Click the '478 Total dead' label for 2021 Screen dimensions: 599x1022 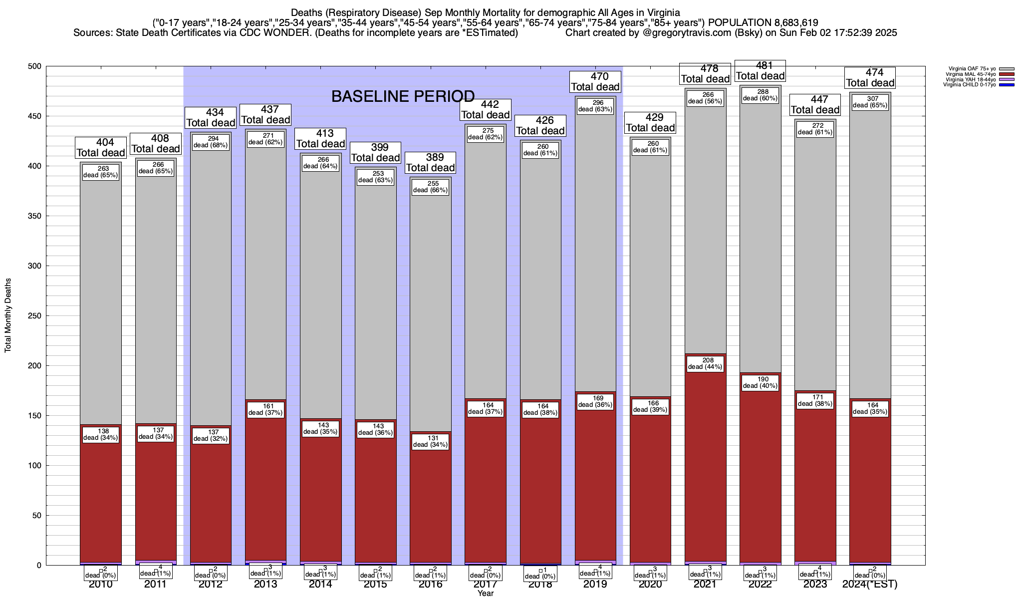click(x=705, y=73)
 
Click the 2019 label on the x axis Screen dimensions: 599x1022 click(x=595, y=584)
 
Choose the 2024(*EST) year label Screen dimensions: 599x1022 click(x=870, y=584)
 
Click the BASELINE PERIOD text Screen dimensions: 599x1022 click(x=403, y=96)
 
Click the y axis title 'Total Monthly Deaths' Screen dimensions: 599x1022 click(x=8, y=315)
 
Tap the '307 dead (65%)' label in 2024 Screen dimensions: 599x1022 click(x=870, y=102)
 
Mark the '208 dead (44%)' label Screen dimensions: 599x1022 click(x=705, y=363)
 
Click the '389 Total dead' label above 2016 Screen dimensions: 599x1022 click(x=431, y=162)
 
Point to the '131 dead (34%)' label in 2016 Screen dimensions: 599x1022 click(x=431, y=441)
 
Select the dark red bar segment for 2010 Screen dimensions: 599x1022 click(x=101, y=499)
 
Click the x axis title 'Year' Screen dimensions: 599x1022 click(x=485, y=593)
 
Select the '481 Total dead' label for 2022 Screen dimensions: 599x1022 click(x=760, y=70)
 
